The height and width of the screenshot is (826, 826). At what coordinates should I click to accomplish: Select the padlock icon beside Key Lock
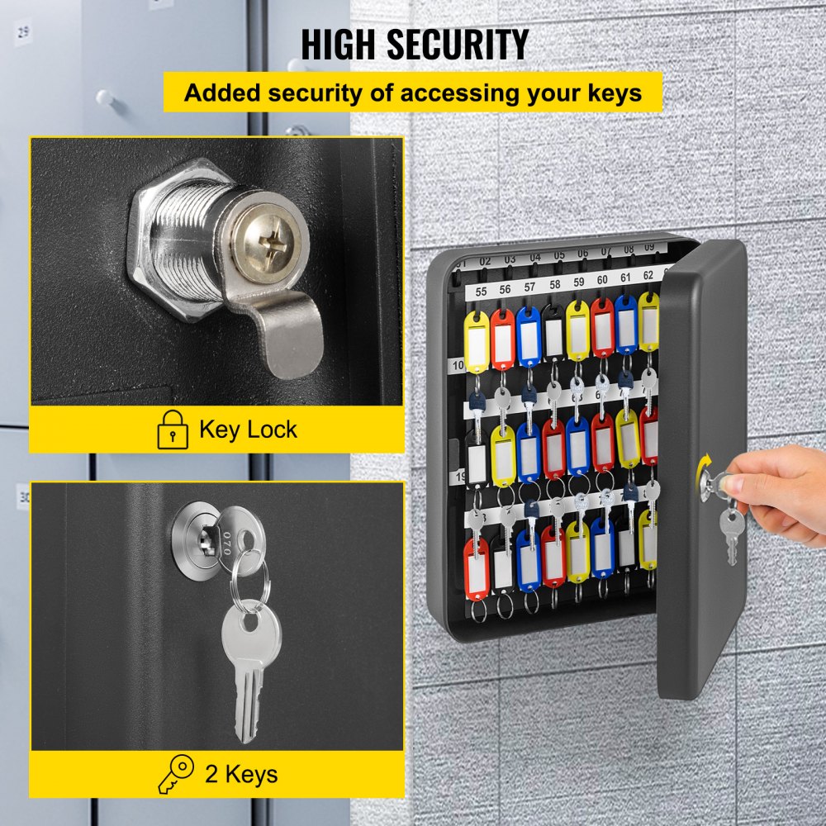tap(173, 430)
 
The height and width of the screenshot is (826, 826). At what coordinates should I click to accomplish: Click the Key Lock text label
tap(248, 430)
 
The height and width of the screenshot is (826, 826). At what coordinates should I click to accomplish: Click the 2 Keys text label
tap(240, 774)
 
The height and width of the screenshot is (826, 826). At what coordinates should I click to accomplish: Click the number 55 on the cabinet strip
tap(482, 292)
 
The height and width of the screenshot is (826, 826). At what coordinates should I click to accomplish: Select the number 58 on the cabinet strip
tap(554, 285)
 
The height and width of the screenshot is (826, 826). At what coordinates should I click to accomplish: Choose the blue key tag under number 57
tap(529, 336)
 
